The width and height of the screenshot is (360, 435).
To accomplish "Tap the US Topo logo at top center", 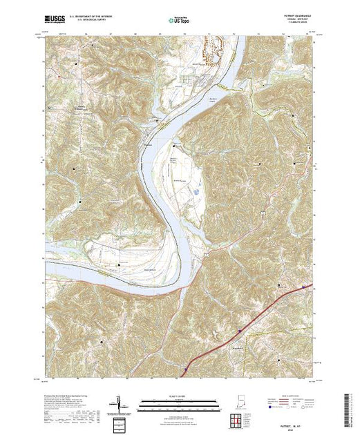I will pyautogui.click(x=179, y=21).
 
